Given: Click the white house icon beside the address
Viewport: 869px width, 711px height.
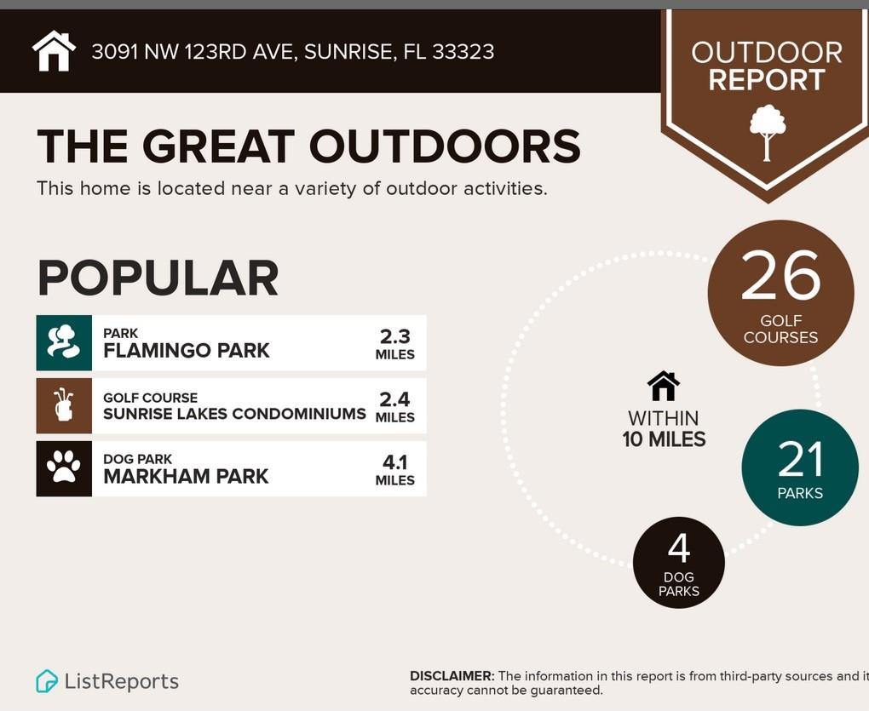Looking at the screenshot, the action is [x=54, y=51].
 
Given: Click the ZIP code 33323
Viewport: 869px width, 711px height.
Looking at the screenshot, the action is [x=463, y=51].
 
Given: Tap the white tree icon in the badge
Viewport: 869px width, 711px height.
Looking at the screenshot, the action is [x=768, y=133].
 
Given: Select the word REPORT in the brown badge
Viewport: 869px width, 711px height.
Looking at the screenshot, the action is [x=767, y=80].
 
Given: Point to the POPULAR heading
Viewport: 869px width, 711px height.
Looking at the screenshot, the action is [x=158, y=278].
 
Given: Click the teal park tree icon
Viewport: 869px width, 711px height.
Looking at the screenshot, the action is [x=64, y=342].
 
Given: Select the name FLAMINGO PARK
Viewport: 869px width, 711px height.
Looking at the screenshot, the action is [x=187, y=351].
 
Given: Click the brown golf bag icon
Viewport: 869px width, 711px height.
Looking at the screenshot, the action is [x=63, y=404].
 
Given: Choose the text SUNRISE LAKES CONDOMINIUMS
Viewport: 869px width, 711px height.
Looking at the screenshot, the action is [x=234, y=414].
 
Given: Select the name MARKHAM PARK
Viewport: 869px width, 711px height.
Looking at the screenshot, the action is [x=186, y=476].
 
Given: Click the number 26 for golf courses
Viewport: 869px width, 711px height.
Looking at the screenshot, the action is [x=780, y=275].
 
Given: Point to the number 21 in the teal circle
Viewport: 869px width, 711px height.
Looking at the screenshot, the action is [x=800, y=459].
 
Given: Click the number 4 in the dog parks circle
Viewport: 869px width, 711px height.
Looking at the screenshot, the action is [x=679, y=548].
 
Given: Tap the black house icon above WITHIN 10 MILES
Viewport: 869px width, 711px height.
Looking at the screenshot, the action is [x=664, y=386].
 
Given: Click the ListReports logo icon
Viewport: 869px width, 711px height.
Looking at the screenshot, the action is [x=47, y=681].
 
